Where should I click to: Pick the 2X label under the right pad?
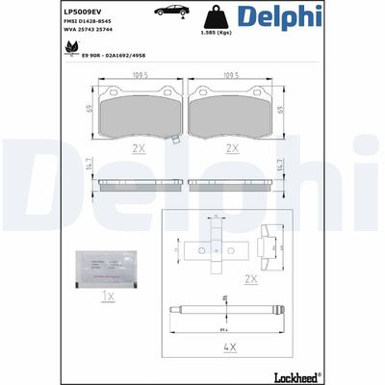pos(231,148)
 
